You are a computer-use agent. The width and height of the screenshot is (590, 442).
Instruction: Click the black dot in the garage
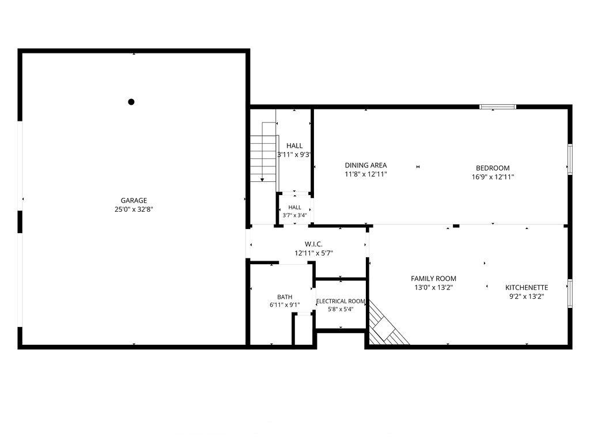(131, 101)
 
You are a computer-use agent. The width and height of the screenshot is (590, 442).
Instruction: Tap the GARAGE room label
(134, 200)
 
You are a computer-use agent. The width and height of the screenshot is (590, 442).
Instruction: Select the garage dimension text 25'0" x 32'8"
(134, 209)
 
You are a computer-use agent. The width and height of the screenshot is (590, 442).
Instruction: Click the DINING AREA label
(366, 165)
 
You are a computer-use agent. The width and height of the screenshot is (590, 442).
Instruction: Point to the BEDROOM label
(493, 168)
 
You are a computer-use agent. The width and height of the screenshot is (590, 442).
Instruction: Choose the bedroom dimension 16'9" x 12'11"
(493, 177)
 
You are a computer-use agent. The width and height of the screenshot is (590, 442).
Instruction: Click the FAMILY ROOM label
(433, 279)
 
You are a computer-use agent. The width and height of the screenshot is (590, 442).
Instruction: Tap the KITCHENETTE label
(527, 288)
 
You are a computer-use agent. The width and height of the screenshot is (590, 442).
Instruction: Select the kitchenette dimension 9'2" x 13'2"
(527, 296)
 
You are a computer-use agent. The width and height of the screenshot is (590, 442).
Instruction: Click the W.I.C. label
(313, 244)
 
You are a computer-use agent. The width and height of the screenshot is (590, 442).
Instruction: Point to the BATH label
(285, 297)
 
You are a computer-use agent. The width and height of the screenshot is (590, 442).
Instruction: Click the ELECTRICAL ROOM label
(341, 301)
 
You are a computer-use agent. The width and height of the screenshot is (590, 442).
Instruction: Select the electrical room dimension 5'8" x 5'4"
(341, 309)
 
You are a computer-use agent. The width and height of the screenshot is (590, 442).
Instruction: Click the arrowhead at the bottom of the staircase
(262, 180)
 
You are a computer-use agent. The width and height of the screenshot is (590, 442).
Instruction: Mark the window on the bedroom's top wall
(497, 106)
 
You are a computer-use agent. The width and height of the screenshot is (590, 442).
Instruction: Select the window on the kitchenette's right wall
(570, 293)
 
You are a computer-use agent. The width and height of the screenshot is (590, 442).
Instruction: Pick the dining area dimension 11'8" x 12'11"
(366, 174)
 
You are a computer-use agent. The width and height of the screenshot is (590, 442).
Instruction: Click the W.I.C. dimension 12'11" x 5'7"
(313, 253)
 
